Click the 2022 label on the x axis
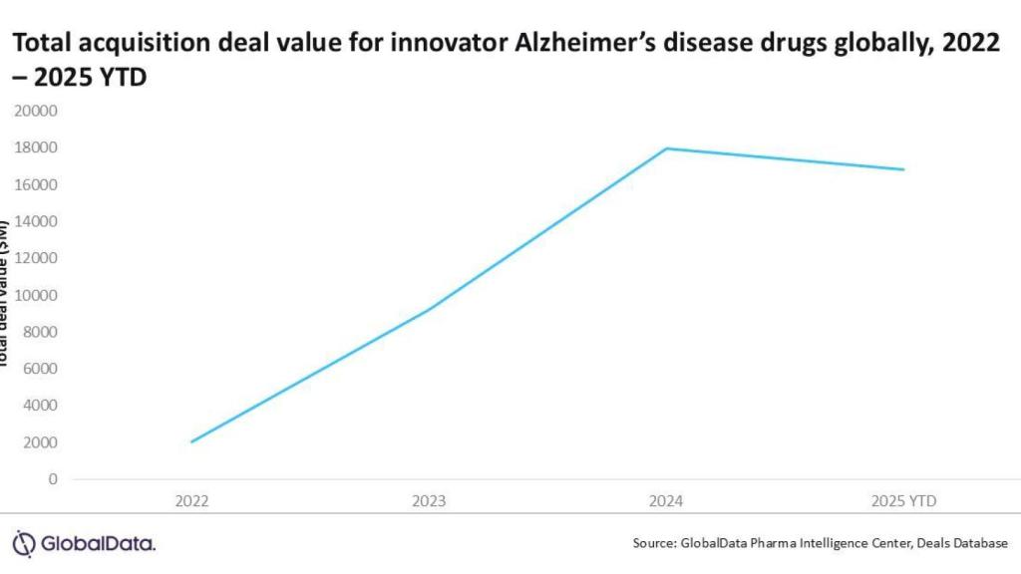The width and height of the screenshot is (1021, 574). [x=191, y=500]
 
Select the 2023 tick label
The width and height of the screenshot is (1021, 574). [x=430, y=500]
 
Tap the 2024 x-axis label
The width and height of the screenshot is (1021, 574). [x=667, y=500]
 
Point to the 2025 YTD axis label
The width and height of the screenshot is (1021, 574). [x=903, y=500]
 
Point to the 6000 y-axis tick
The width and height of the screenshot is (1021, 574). [x=40, y=369]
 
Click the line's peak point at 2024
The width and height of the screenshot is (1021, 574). [x=667, y=148]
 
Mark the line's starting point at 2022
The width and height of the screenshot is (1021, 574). [x=191, y=441]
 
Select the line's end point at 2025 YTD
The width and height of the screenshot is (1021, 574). [x=903, y=169]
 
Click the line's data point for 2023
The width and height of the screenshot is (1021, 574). [x=430, y=310]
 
